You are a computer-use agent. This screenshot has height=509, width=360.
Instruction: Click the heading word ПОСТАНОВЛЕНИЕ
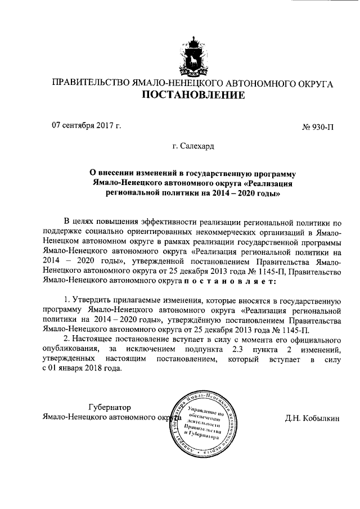tap(193, 95)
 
